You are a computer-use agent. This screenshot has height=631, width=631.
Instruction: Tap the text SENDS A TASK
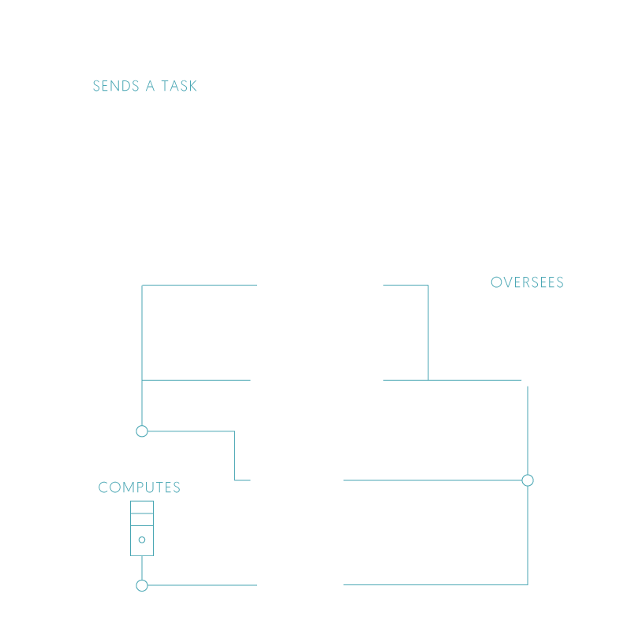tap(145, 86)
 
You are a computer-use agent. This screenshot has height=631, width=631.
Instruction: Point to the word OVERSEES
tap(527, 282)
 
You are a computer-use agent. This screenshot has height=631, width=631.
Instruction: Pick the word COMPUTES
tap(140, 487)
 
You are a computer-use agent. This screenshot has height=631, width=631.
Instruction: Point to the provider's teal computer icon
tap(142, 528)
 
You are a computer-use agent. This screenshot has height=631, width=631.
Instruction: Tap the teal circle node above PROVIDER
tap(142, 431)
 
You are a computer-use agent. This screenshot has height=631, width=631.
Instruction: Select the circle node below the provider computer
tap(142, 585)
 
